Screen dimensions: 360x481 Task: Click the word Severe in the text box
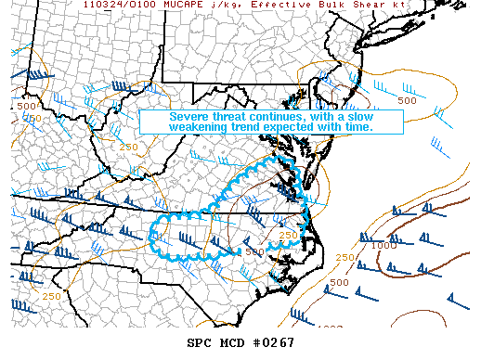[x=188, y=118]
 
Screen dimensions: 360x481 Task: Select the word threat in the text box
[x=229, y=118]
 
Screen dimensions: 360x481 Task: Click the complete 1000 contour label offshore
[x=382, y=245]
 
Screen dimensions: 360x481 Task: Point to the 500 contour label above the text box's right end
[x=406, y=100]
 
